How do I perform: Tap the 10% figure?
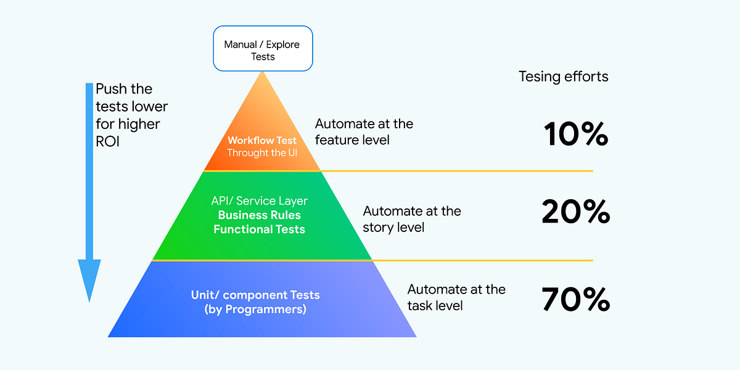tap(576, 134)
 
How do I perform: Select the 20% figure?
tap(576, 212)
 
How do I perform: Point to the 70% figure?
tap(576, 300)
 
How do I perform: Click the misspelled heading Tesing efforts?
tap(563, 76)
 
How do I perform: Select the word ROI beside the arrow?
tap(109, 141)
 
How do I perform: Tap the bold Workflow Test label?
tap(261, 140)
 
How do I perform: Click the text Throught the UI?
tap(261, 152)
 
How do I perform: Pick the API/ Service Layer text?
tap(259, 201)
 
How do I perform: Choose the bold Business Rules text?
tap(259, 215)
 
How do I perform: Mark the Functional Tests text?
tap(259, 229)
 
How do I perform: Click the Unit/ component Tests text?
tap(255, 295)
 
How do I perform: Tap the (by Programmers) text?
tap(255, 309)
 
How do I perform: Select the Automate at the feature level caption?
tap(364, 132)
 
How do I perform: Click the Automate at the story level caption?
tap(412, 219)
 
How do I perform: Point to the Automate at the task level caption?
tap(456, 297)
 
